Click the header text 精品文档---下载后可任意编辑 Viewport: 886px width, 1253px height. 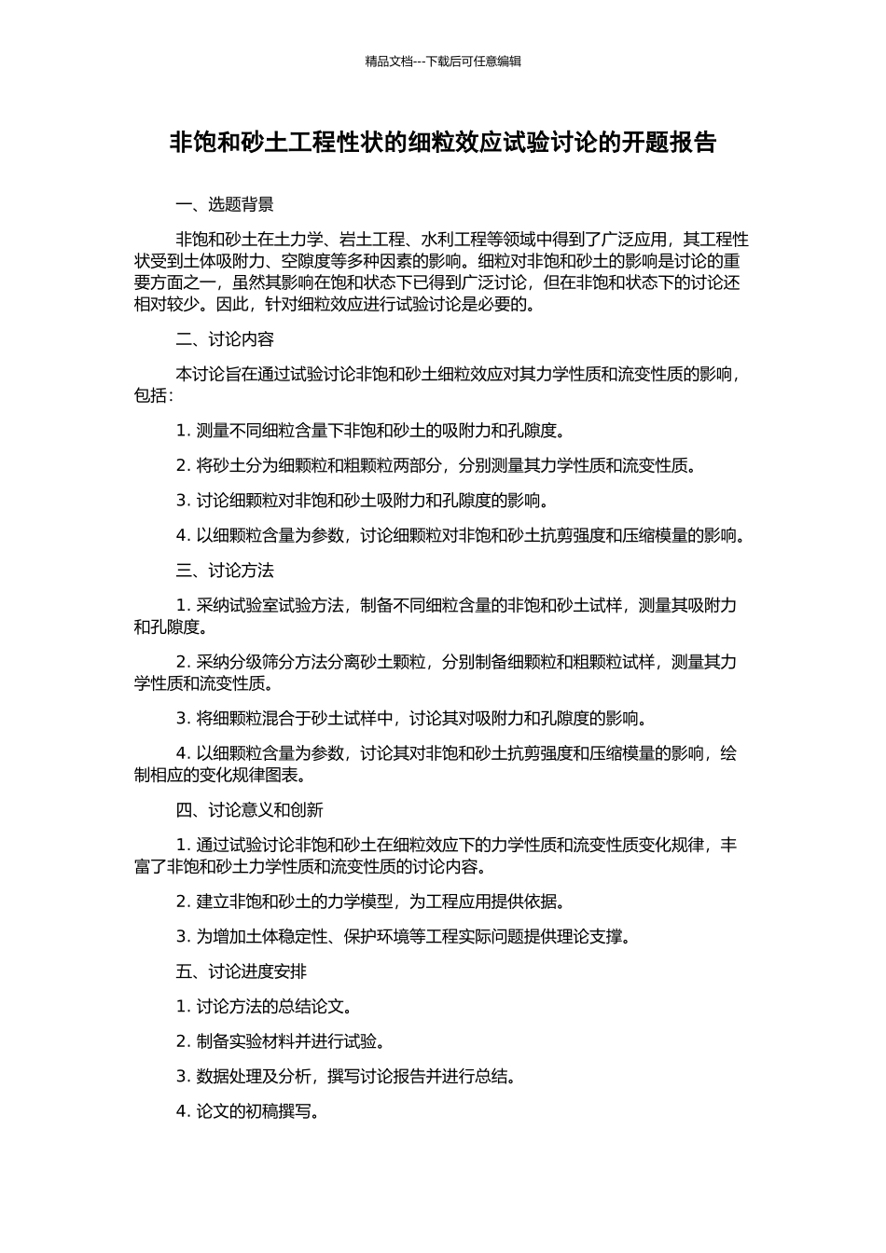(x=443, y=62)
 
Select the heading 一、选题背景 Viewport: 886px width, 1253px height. (x=225, y=205)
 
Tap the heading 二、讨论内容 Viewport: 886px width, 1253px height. (x=225, y=339)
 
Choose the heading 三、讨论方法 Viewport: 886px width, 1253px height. (x=225, y=571)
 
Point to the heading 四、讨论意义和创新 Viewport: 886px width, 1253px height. (x=249, y=810)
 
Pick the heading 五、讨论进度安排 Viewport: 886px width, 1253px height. (x=241, y=971)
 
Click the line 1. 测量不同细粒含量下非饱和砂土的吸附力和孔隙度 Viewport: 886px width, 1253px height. (x=370, y=430)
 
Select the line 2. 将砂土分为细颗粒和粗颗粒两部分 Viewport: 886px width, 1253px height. (x=436, y=465)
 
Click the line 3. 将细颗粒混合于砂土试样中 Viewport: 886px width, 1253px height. (x=411, y=719)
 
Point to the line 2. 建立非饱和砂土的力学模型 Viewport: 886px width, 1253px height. (x=370, y=902)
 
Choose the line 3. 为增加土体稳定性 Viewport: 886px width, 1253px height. (x=403, y=937)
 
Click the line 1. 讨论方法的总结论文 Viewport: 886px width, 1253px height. (x=264, y=1007)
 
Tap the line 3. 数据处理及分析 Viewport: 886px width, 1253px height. (x=346, y=1077)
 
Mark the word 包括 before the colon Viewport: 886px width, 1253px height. (x=150, y=395)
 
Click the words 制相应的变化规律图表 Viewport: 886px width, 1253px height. (x=220, y=775)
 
